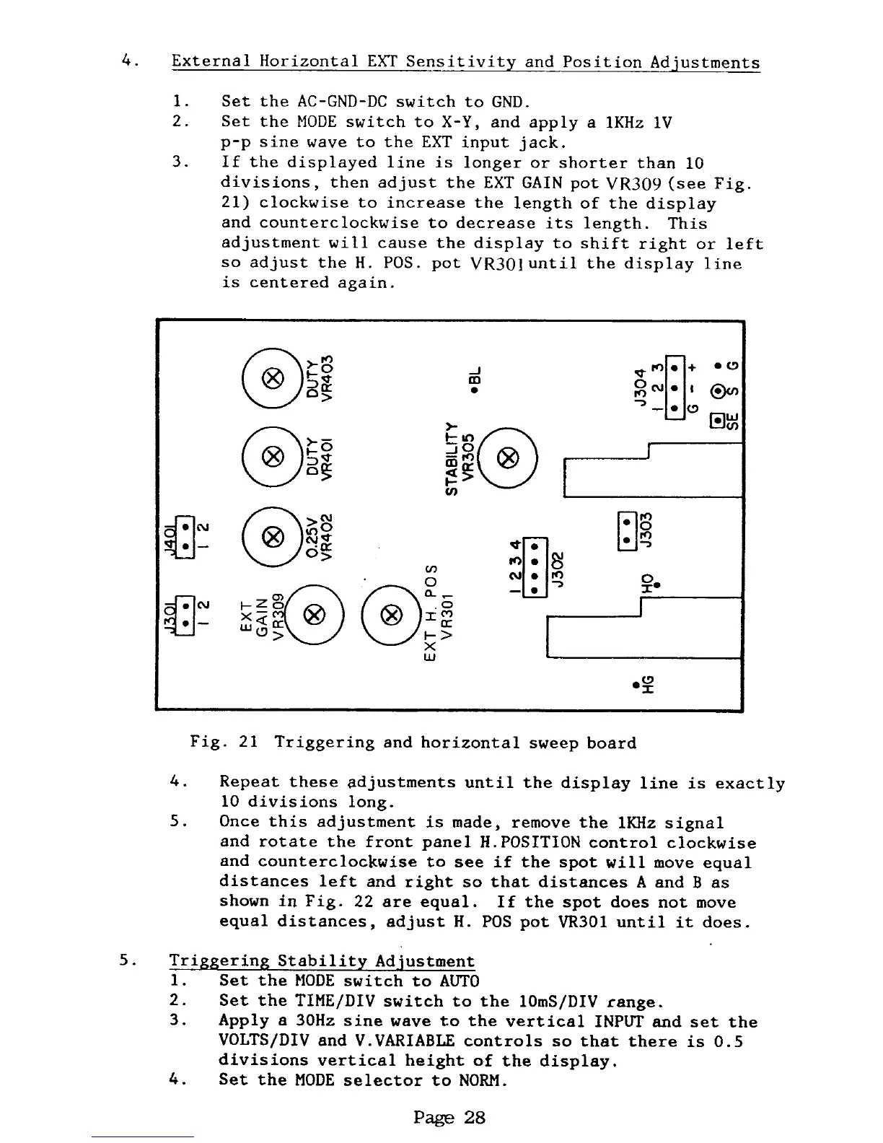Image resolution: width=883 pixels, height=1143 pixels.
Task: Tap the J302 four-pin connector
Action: [535, 565]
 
